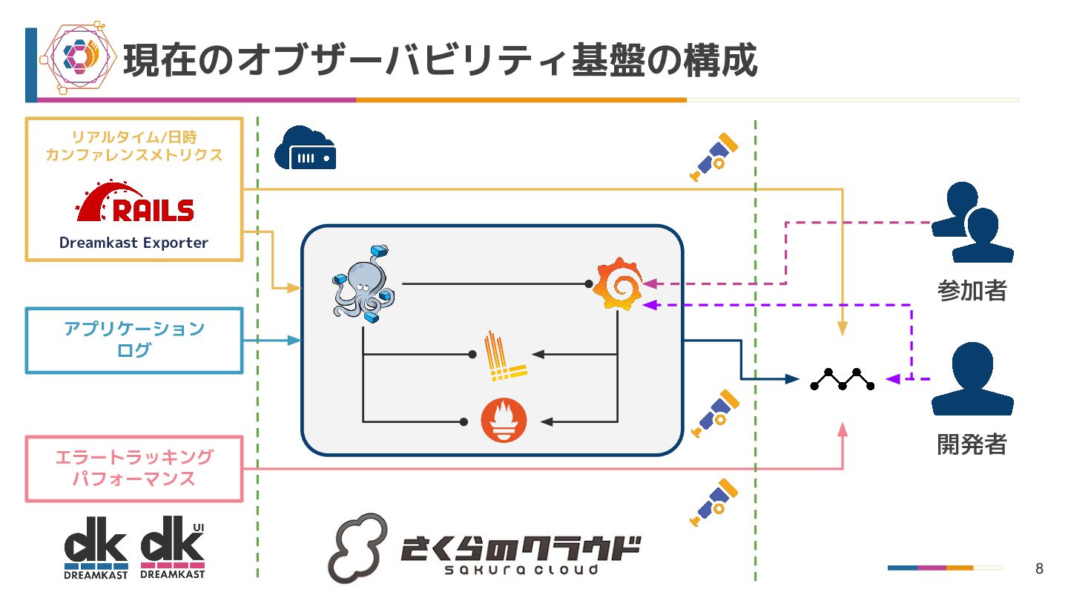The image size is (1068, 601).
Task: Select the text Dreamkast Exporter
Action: pyautogui.click(x=134, y=243)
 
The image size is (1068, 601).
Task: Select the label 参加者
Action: pyautogui.click(x=972, y=290)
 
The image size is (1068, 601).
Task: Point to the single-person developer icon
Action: pyautogui.click(x=972, y=378)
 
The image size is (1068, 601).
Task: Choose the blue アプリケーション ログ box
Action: pyautogui.click(x=134, y=340)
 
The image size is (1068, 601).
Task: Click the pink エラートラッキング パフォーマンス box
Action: pyautogui.click(x=134, y=468)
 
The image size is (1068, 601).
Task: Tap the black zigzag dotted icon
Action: pyautogui.click(x=842, y=378)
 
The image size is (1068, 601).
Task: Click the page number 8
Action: pyautogui.click(x=1039, y=569)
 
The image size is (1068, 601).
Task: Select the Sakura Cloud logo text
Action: pyautogui.click(x=519, y=553)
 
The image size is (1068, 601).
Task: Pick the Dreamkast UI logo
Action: pyautogui.click(x=173, y=548)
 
